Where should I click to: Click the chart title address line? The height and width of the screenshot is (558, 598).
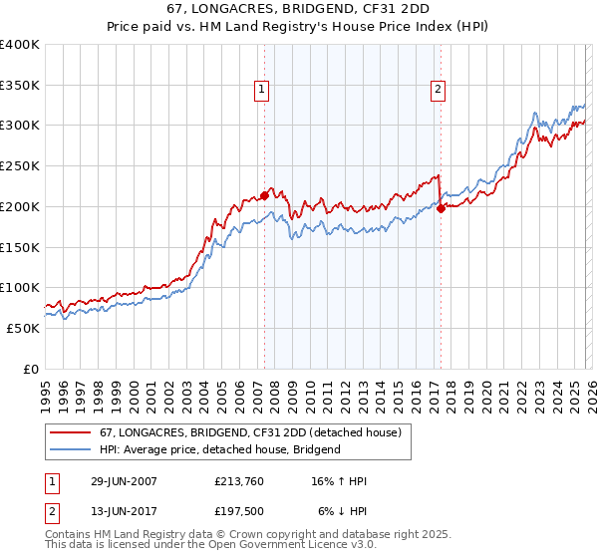[x=298, y=10]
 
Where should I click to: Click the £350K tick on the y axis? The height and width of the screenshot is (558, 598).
[x=20, y=85]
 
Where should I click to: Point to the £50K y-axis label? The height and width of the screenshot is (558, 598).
[x=23, y=328]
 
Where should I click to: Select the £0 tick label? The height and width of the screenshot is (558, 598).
[x=30, y=369]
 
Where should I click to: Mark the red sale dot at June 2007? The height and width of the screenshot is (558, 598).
[x=264, y=195]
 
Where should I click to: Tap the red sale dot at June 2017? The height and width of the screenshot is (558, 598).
[x=441, y=208]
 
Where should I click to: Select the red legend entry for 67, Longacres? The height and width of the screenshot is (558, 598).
[x=249, y=432]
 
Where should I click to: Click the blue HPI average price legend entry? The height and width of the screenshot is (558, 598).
[x=219, y=449]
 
